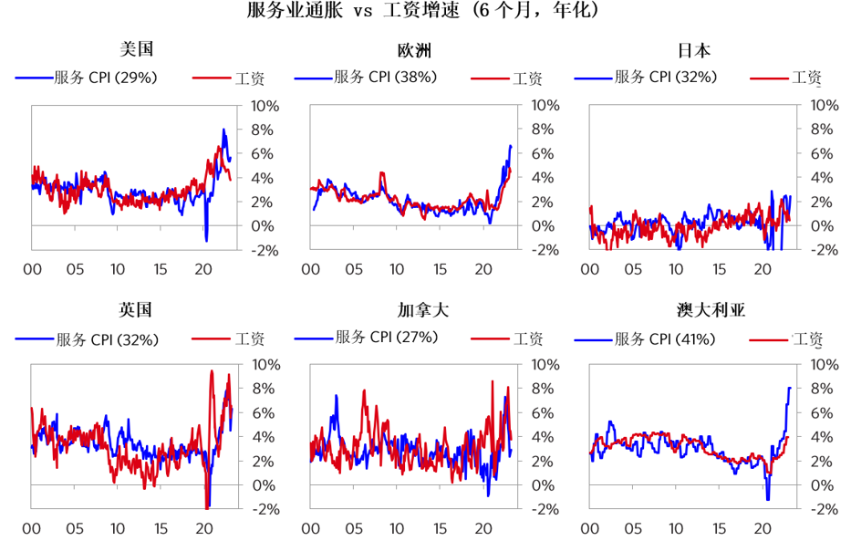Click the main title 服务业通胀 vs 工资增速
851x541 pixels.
(x=424, y=12)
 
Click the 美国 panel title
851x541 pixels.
(x=136, y=50)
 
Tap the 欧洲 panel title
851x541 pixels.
(x=414, y=50)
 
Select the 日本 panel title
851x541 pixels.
(x=694, y=50)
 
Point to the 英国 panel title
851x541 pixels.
(x=136, y=310)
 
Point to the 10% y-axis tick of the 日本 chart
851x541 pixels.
(x=824, y=106)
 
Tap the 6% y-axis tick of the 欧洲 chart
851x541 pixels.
(x=545, y=153)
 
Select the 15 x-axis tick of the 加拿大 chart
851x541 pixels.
(x=441, y=528)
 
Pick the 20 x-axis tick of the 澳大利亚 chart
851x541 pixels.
(x=763, y=528)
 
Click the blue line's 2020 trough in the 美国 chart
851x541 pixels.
(x=206, y=240)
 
